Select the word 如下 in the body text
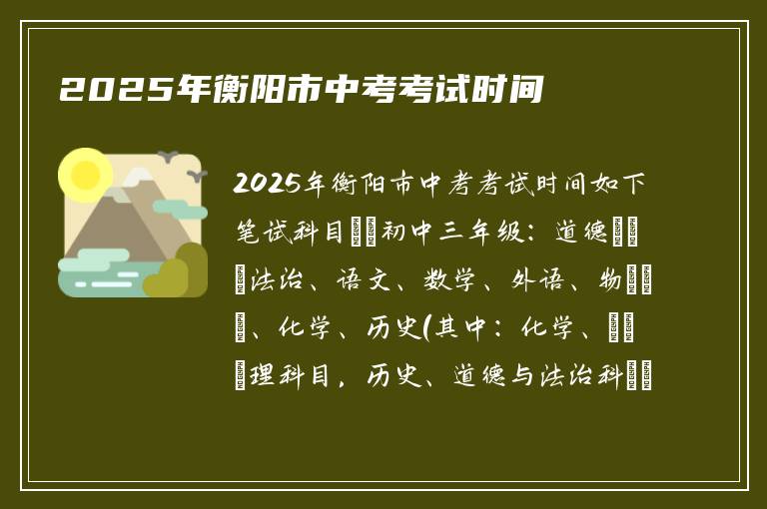click(x=623, y=185)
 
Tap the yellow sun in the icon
click(x=86, y=174)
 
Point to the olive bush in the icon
click(x=178, y=271)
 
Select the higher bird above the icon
click(x=167, y=157)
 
